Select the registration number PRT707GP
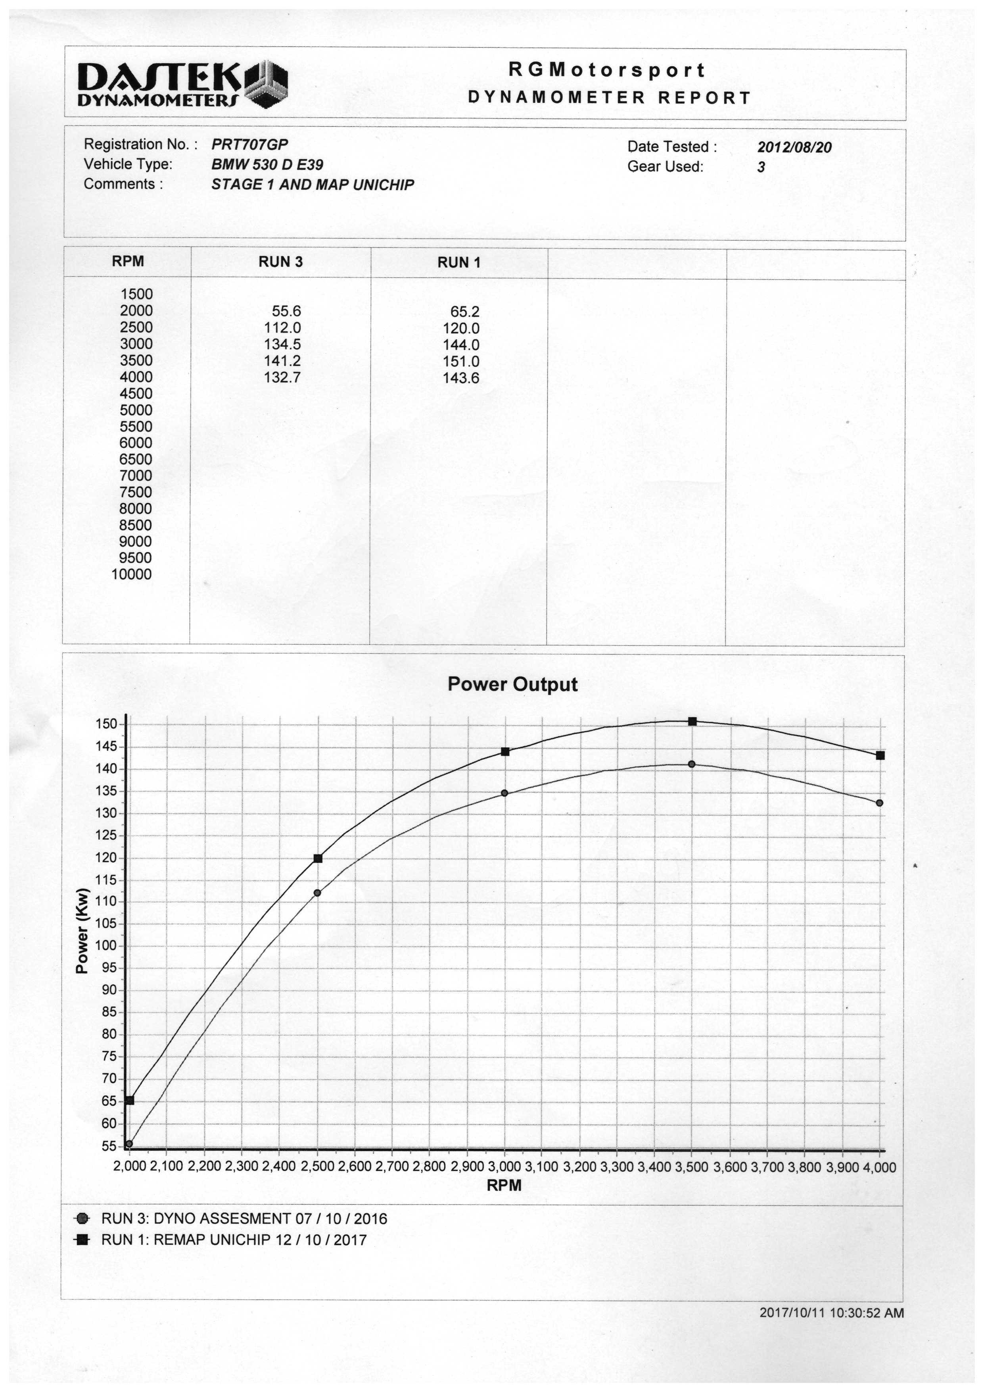click(249, 144)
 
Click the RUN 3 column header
click(280, 262)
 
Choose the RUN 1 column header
click(458, 262)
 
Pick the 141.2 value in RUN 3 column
click(282, 361)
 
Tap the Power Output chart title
click(512, 684)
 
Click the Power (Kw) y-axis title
click(82, 931)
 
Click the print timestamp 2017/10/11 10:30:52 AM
click(831, 1313)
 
